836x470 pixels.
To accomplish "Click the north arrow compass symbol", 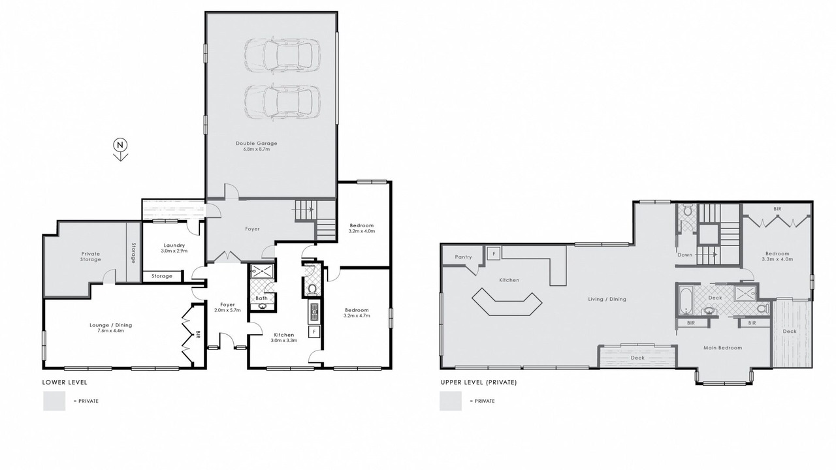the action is click(120, 150).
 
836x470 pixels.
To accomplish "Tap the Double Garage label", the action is click(257, 143).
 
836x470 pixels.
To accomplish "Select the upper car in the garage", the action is click(283, 55).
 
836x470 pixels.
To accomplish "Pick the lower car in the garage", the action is click(283, 102).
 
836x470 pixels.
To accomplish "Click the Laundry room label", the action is click(174, 245).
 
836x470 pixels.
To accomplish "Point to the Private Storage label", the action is click(91, 257).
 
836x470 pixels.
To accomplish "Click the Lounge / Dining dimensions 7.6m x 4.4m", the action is click(111, 331).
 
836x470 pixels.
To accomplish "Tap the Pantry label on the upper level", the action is click(464, 257).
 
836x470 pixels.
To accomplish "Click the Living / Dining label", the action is click(607, 299).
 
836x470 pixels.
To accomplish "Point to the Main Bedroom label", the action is click(723, 348).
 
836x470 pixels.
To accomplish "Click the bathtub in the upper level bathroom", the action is click(685, 300).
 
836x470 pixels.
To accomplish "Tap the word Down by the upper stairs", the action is click(685, 255).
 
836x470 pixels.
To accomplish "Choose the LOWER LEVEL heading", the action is click(65, 383).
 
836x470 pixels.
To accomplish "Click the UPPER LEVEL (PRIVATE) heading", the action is click(479, 383).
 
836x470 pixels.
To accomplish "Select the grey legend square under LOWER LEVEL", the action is click(54, 401).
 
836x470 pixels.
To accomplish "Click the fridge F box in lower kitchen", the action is click(314, 332).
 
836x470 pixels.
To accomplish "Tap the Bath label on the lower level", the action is click(262, 298).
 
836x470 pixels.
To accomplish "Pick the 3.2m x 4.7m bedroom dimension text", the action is click(357, 315).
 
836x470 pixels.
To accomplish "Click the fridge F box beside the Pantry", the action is click(494, 253).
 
